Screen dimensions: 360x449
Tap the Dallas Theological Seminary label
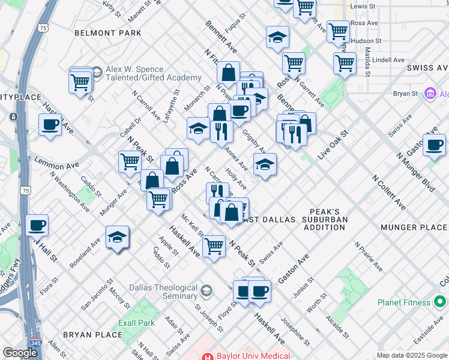point(158,292)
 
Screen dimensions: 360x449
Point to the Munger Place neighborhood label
point(414,227)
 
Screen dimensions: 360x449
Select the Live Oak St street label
point(333,145)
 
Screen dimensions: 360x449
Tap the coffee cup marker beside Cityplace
point(50,125)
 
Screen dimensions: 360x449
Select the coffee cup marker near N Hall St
point(38,225)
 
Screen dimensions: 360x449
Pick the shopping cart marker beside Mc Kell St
point(214,245)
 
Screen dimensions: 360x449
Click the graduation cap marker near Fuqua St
point(277,37)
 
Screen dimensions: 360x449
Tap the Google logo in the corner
point(20,353)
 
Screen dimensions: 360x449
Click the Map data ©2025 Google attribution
point(412,355)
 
